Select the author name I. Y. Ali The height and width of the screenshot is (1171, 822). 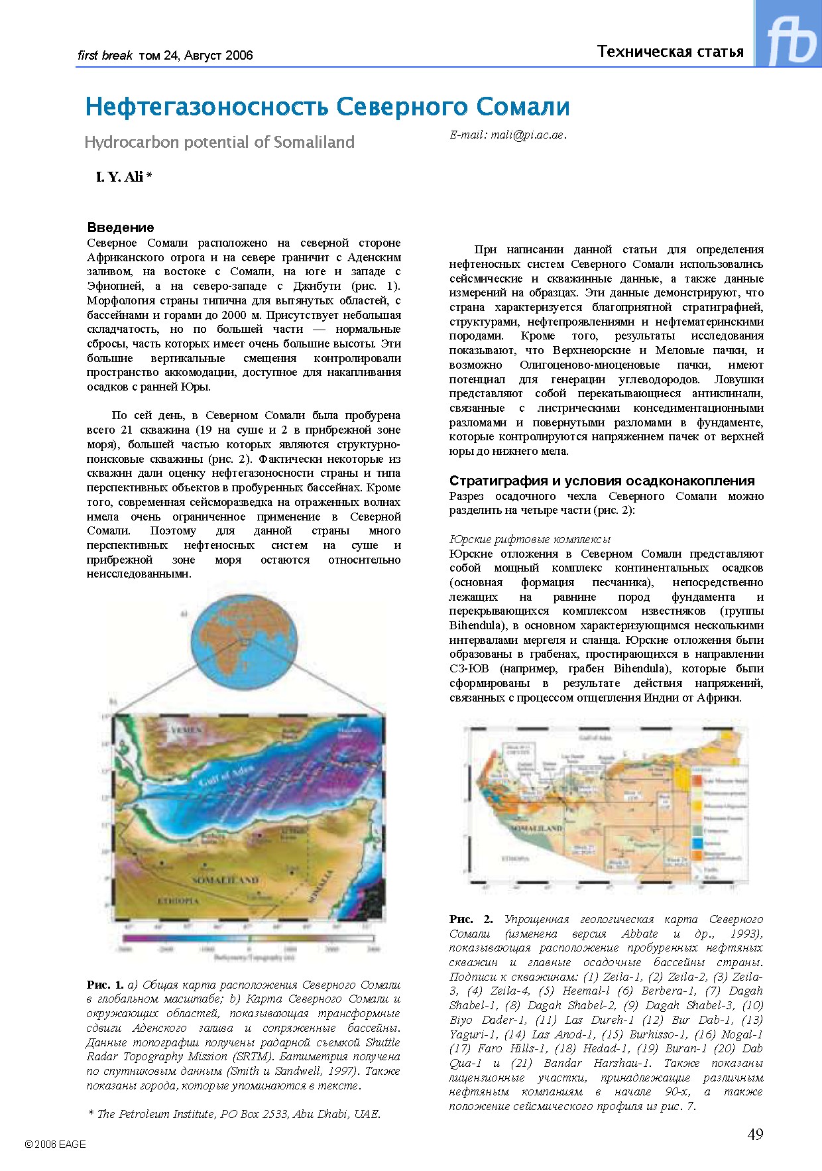123,176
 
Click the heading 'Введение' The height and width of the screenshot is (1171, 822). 121,227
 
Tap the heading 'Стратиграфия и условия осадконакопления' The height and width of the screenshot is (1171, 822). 602,481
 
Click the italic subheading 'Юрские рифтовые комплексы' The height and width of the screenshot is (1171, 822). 530,539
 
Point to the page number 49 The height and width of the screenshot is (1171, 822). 755,1134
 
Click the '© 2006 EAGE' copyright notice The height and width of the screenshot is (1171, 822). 55,1144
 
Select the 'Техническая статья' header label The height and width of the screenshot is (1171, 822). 670,52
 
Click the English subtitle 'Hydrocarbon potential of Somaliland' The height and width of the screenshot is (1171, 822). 219,142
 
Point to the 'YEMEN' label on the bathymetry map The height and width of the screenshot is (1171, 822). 186,730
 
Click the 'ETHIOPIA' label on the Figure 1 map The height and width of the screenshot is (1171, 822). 178,901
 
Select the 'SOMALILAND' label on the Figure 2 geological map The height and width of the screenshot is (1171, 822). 536,829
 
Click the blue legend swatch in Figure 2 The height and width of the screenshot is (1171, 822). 697,843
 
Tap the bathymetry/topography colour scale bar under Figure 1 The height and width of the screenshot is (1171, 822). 248,939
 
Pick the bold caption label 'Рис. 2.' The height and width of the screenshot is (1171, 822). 471,919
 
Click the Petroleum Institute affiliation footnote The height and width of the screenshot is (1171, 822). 234,1114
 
